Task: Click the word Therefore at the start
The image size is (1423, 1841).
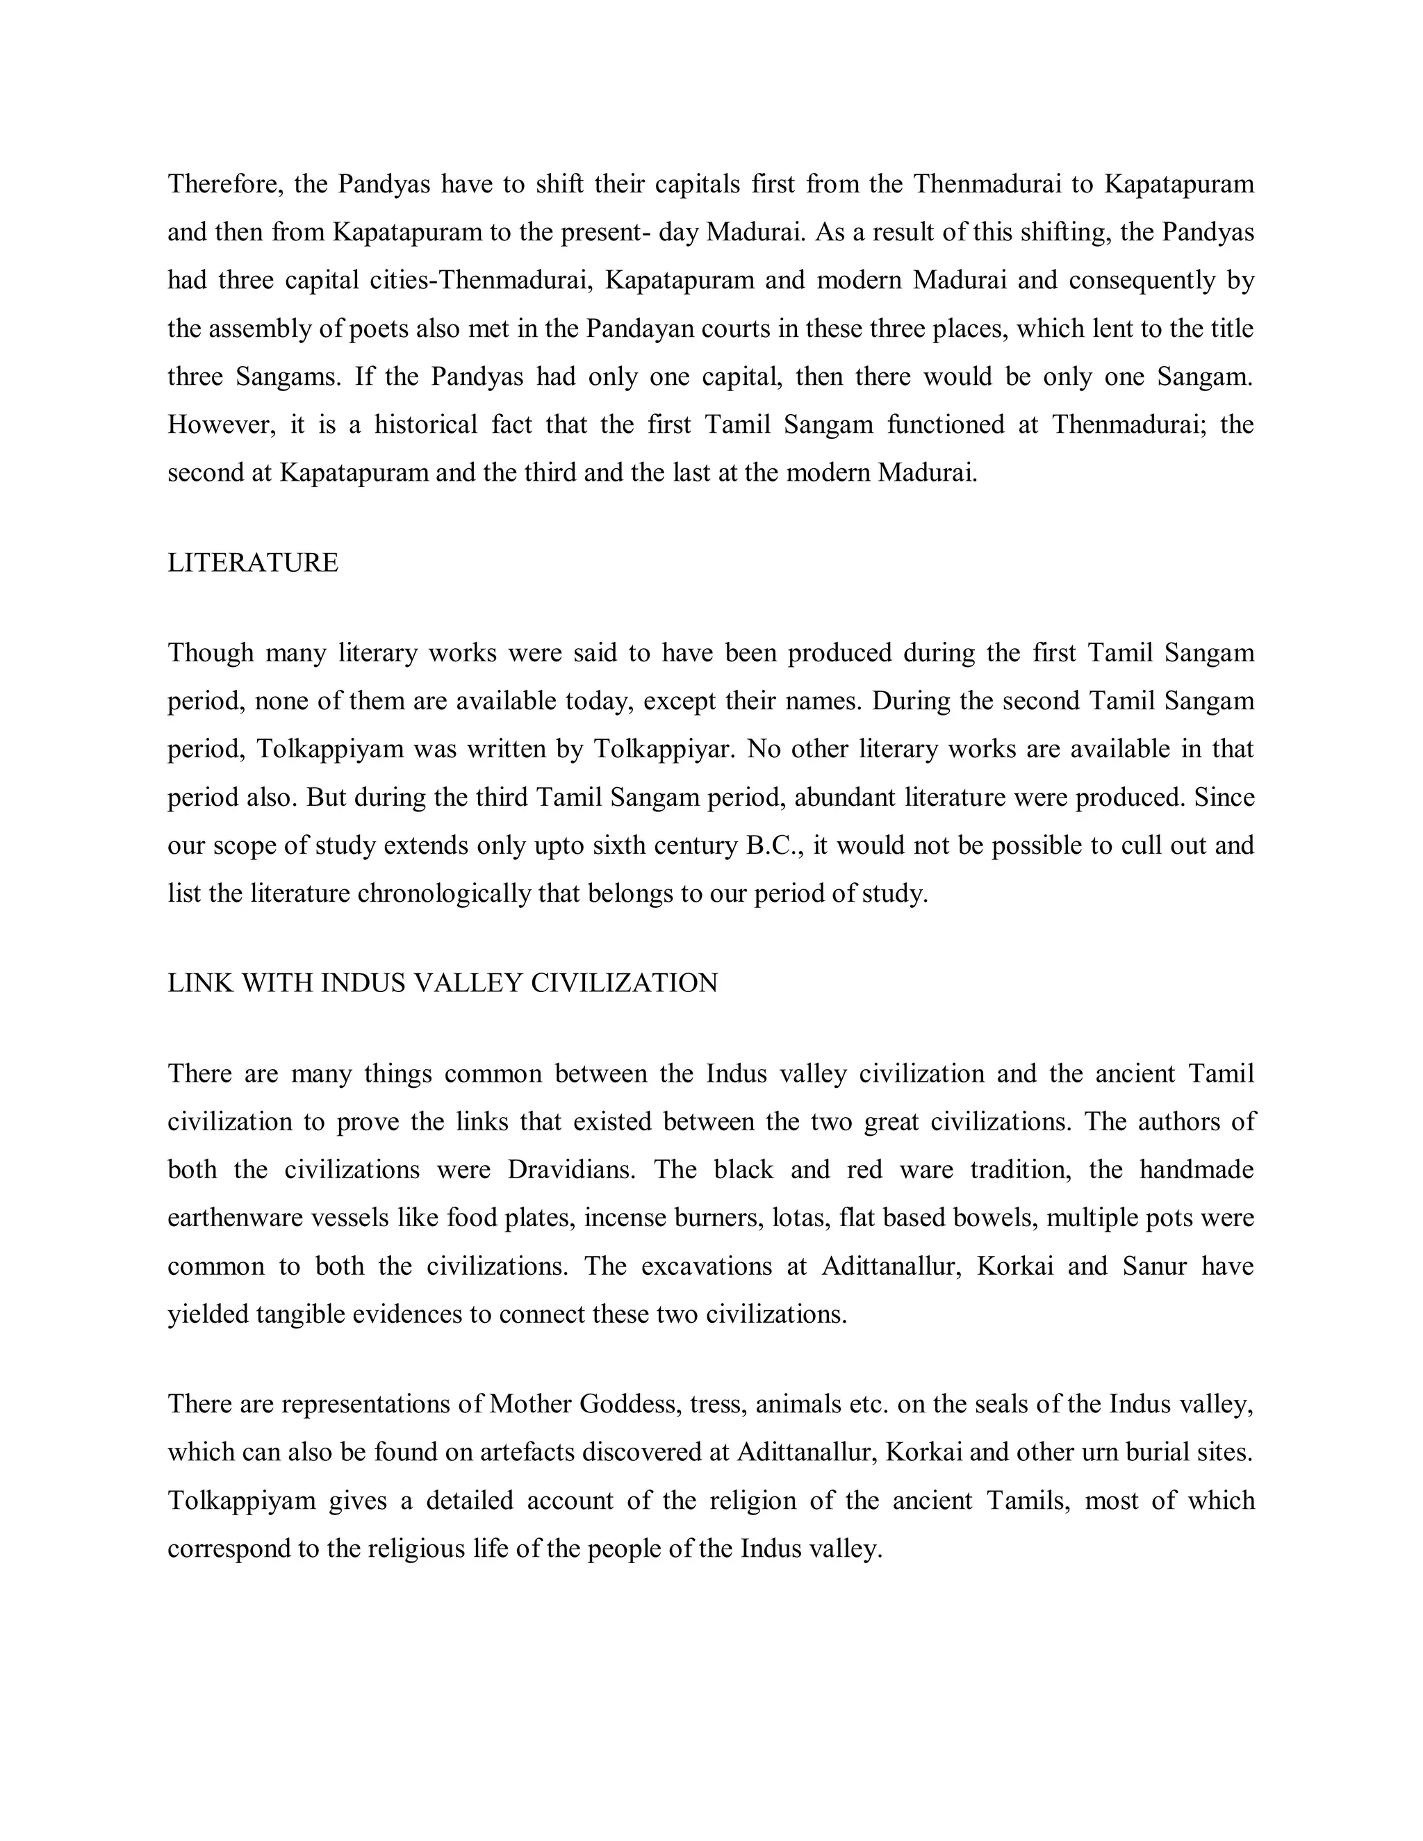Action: [224, 184]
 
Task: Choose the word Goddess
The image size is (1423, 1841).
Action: [629, 1404]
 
